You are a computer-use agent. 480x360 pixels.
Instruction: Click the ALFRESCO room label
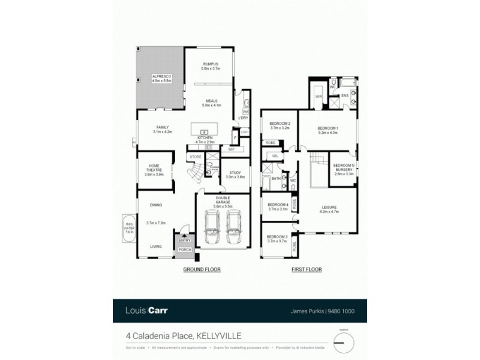tap(162, 78)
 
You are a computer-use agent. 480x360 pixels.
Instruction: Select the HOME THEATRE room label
tap(154, 168)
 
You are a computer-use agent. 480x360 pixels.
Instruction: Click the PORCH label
tap(184, 250)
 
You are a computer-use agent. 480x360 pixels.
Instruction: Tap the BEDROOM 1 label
tap(328, 130)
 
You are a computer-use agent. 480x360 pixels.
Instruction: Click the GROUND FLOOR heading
tap(202, 270)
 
